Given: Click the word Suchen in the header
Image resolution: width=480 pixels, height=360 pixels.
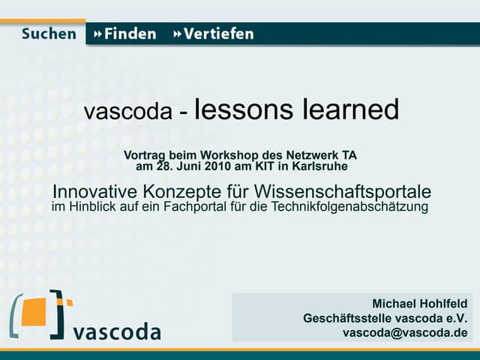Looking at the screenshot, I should pyautogui.click(x=49, y=34).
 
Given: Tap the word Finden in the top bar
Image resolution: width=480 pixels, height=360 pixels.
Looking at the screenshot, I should pyautogui.click(x=130, y=34).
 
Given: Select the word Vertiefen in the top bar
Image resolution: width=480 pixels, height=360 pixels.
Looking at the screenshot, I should pyautogui.click(x=219, y=34).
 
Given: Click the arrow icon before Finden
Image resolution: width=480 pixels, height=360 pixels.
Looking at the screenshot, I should pyautogui.click(x=97, y=34).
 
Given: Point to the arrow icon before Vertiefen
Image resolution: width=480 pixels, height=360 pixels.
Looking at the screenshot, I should pyautogui.click(x=177, y=34).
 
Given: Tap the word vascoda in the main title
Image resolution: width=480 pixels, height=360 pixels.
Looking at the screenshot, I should pyautogui.click(x=128, y=112).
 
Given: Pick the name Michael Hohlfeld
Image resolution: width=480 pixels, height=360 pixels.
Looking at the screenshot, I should pyautogui.click(x=419, y=304).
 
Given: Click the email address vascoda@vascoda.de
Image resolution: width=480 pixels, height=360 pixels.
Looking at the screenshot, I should pyautogui.click(x=405, y=332).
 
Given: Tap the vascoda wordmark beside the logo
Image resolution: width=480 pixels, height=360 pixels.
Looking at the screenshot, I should pyautogui.click(x=117, y=331).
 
